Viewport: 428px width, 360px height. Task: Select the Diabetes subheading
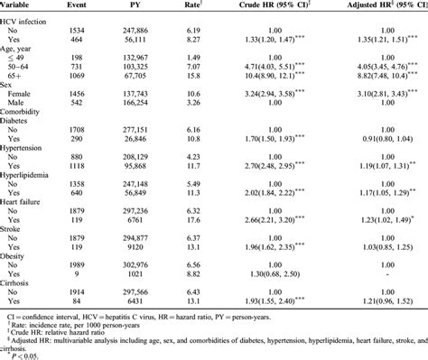(x=23, y=154)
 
